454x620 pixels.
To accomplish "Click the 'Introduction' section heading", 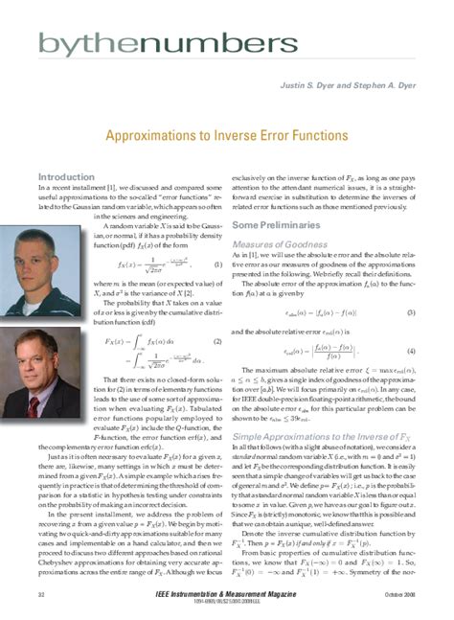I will tap(65, 178).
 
